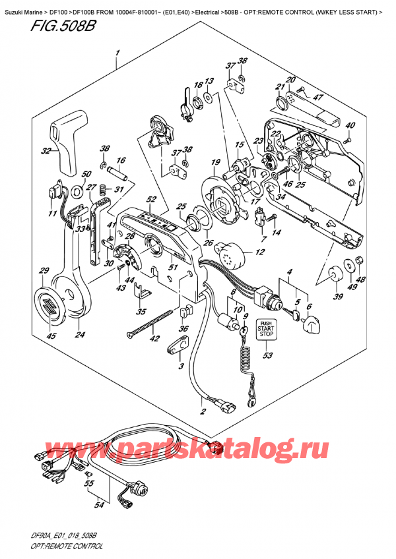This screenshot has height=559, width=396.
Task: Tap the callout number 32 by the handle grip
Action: tap(46, 152)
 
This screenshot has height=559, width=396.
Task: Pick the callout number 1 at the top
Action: tap(117, 52)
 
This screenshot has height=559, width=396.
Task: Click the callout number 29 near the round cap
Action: tap(44, 271)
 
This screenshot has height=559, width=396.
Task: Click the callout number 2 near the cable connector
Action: tap(201, 411)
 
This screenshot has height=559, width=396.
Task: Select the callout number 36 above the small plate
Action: tap(183, 330)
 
